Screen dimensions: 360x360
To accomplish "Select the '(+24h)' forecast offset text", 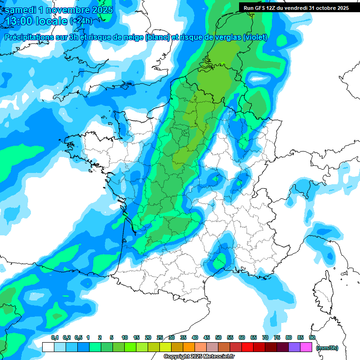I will (x=81, y=21).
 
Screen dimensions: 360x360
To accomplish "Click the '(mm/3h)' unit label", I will (x=327, y=348).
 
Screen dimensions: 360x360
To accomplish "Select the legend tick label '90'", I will (x=312, y=337).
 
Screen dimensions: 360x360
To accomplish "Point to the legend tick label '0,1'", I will (x=54, y=337).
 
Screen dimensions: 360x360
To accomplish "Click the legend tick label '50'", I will (x=218, y=337).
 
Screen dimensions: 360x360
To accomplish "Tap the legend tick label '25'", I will (x=160, y=337).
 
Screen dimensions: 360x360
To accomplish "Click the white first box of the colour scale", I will (x=48, y=347).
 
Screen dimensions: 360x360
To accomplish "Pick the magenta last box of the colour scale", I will (x=306, y=347).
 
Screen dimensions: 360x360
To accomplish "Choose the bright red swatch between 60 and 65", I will (x=247, y=347).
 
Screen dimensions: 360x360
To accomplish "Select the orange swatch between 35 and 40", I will (x=188, y=347).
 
